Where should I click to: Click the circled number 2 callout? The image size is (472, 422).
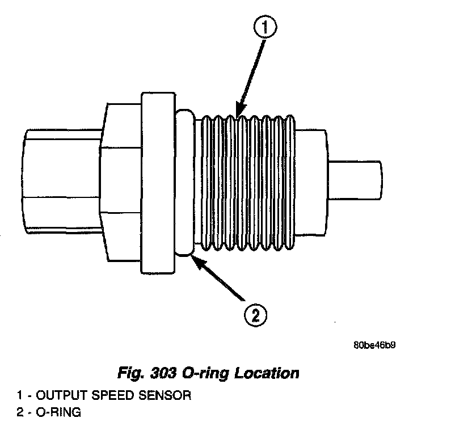pos(255,314)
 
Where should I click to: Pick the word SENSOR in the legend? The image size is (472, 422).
pos(164,395)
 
